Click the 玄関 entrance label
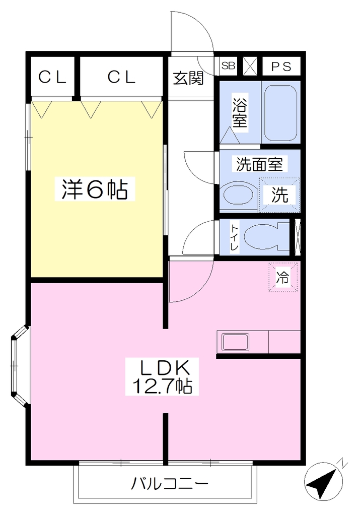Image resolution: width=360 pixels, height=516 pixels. tap(188, 78)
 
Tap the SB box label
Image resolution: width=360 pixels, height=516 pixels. tap(228, 66)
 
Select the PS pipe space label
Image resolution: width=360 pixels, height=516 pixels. tap(281, 67)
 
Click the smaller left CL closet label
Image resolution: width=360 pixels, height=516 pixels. tap(52, 77)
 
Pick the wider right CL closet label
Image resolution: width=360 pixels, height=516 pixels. tap(121, 77)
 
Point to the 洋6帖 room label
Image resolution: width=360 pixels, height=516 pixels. tap(95, 189)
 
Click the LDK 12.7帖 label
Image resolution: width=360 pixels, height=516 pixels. tap(162, 376)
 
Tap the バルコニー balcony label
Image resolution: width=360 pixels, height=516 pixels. tap(170, 484)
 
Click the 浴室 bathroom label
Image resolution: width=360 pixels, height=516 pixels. tap(240, 113)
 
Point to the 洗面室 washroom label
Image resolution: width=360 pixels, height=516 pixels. tap(260, 164)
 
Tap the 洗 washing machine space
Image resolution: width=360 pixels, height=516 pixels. tap(280, 195)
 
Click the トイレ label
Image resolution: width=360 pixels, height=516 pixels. tap(235, 238)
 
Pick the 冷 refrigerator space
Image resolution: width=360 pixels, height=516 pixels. tap(283, 277)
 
